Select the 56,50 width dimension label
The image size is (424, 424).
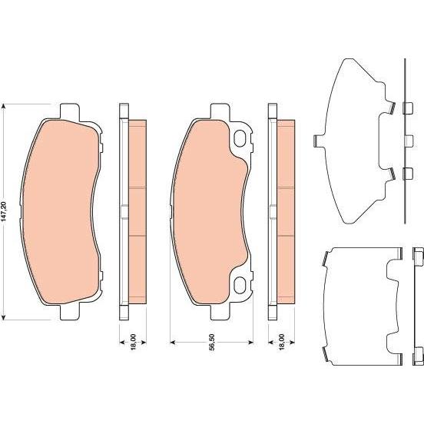point(212,342)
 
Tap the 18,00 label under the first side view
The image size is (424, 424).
point(133,342)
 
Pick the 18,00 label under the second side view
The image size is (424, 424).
point(281,342)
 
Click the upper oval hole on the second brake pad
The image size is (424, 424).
point(240,138)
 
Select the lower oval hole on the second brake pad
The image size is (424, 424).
point(240,285)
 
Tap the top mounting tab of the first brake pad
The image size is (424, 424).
point(70,111)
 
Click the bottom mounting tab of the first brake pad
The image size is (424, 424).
point(70,312)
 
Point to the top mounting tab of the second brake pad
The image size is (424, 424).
point(220,111)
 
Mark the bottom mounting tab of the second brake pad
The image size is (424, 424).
point(220,312)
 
